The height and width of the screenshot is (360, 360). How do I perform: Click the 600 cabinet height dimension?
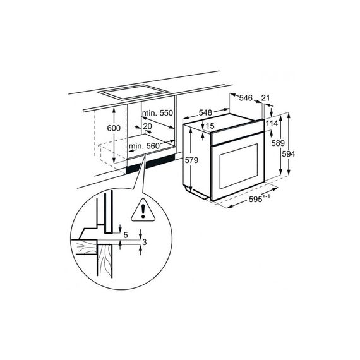[x=114, y=128]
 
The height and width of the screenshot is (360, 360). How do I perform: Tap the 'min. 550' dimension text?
[x=157, y=113]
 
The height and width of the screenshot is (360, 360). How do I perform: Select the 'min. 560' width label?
[x=144, y=146]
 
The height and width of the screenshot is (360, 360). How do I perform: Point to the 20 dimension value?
[x=147, y=126]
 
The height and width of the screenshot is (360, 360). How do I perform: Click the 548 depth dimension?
[x=205, y=112]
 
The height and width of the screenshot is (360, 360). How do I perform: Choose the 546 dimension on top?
[x=246, y=98]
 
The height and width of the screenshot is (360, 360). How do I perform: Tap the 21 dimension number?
[x=265, y=98]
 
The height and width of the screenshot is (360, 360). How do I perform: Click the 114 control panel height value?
[x=272, y=124]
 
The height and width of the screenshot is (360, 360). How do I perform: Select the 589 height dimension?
[x=278, y=143]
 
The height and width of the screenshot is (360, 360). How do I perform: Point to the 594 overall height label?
[x=289, y=154]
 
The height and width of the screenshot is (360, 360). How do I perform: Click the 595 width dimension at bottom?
[x=256, y=200]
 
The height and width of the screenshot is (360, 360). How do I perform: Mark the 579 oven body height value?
[x=191, y=160]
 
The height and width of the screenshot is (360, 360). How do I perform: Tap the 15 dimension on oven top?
[x=210, y=126]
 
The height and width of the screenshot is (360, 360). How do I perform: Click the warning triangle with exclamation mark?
[x=143, y=210]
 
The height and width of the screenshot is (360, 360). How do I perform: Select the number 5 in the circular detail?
[x=126, y=235]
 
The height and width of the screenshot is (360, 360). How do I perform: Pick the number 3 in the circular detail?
[x=144, y=242]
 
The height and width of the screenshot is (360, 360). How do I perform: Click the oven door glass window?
[x=239, y=166]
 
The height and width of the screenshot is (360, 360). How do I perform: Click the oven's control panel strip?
[x=237, y=133]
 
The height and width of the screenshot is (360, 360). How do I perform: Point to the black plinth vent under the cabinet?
[x=150, y=163]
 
